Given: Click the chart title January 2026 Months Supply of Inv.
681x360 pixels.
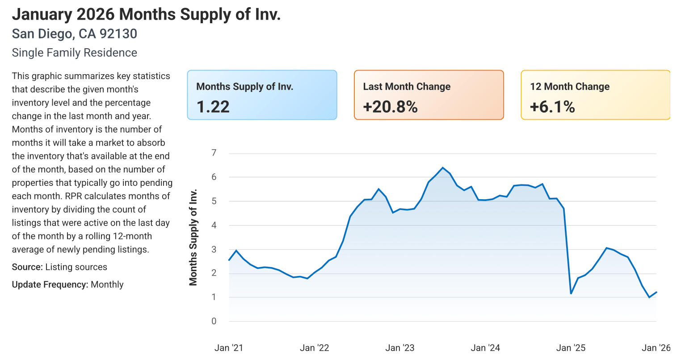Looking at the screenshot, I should point(146,14).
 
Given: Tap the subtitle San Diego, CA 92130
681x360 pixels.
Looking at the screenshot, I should point(74,34).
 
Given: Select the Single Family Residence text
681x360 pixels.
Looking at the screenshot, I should point(74,53).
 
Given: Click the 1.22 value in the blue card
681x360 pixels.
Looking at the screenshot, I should point(213,107).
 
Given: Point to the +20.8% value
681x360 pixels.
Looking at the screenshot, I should point(390,107).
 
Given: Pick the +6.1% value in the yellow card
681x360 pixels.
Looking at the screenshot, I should point(552,107).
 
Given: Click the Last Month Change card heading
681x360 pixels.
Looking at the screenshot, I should point(407,87).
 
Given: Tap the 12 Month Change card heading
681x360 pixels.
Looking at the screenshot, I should point(570,87).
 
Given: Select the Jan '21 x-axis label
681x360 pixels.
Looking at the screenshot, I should point(229,348).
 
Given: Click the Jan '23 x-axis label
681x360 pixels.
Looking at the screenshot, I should point(400,348).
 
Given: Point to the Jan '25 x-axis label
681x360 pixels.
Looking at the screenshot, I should point(571,348).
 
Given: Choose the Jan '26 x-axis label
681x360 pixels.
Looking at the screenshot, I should point(656,348).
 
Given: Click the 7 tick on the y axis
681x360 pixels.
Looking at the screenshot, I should point(214,153).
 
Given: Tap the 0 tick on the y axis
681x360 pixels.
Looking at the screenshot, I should point(214,321).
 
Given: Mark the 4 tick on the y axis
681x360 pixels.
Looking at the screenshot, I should point(214,225).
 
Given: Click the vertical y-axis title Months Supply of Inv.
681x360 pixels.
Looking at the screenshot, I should point(193,238).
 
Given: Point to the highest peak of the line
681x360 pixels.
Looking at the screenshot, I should point(442,168).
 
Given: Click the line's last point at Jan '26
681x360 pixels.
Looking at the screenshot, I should point(656,292).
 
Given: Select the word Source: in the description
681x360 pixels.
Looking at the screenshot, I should point(27,267).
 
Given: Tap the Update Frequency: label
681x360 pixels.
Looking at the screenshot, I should point(50,285).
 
